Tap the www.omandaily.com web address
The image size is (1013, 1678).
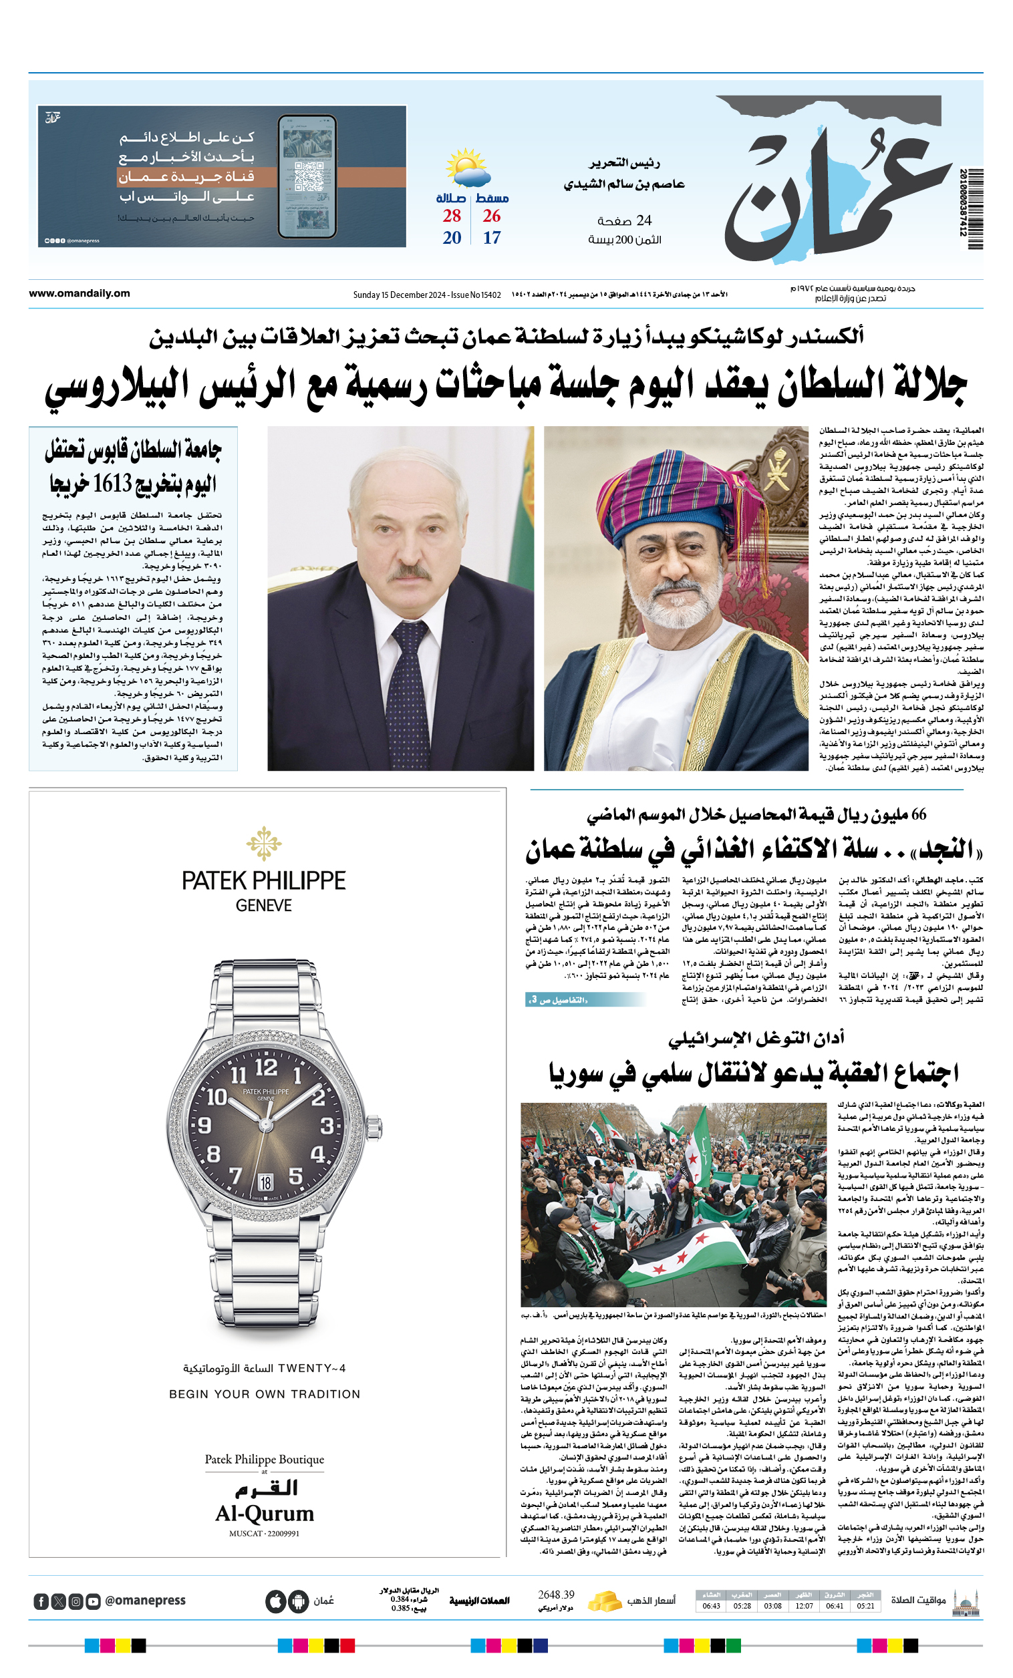[x=79, y=293]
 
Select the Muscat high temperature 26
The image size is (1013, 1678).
[x=491, y=216]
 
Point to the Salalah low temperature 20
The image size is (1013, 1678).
[x=452, y=238]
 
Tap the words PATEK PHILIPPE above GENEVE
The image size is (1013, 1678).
[x=264, y=880]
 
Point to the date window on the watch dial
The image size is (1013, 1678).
[x=266, y=1182]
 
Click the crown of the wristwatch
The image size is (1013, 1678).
[x=374, y=1128]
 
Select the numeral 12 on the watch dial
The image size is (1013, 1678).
[x=266, y=1067]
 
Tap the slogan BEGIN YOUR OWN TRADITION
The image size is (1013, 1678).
[x=265, y=1394]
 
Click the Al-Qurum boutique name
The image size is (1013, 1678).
[x=265, y=1513]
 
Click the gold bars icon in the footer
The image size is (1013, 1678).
[x=605, y=1601]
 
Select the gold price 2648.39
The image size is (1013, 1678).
[x=556, y=1595]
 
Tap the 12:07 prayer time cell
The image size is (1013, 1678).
[x=804, y=1606]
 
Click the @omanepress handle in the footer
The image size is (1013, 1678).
[x=145, y=1601]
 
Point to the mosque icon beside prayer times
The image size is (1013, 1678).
[x=966, y=1603]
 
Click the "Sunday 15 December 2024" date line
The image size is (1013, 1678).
[x=399, y=295]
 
